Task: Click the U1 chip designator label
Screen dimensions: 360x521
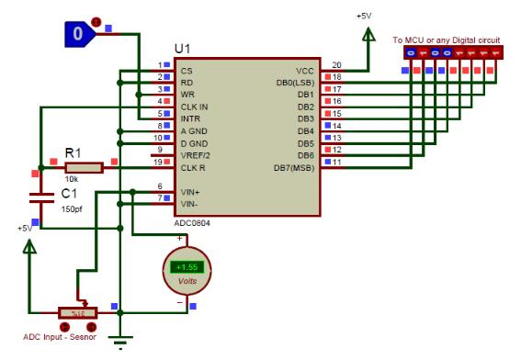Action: pyautogui.click(x=184, y=48)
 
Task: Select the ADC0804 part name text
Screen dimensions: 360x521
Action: pyautogui.click(x=197, y=221)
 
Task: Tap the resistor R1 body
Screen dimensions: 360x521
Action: pyautogui.click(x=85, y=167)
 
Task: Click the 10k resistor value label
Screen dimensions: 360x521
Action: pyautogui.click(x=70, y=180)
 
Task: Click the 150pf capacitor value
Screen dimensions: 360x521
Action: pyautogui.click(x=73, y=209)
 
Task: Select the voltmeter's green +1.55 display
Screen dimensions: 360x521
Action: pyautogui.click(x=187, y=266)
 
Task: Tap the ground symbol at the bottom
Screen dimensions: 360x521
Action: pyautogui.click(x=119, y=341)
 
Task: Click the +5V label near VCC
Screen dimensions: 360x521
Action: pyautogui.click(x=365, y=17)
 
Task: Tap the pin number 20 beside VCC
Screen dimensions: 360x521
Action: pyautogui.click(x=336, y=64)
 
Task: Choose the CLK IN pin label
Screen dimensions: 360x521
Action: pyautogui.click(x=194, y=107)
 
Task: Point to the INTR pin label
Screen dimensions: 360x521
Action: pyautogui.click(x=189, y=119)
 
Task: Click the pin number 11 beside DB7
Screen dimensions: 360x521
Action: pyautogui.click(x=337, y=162)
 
